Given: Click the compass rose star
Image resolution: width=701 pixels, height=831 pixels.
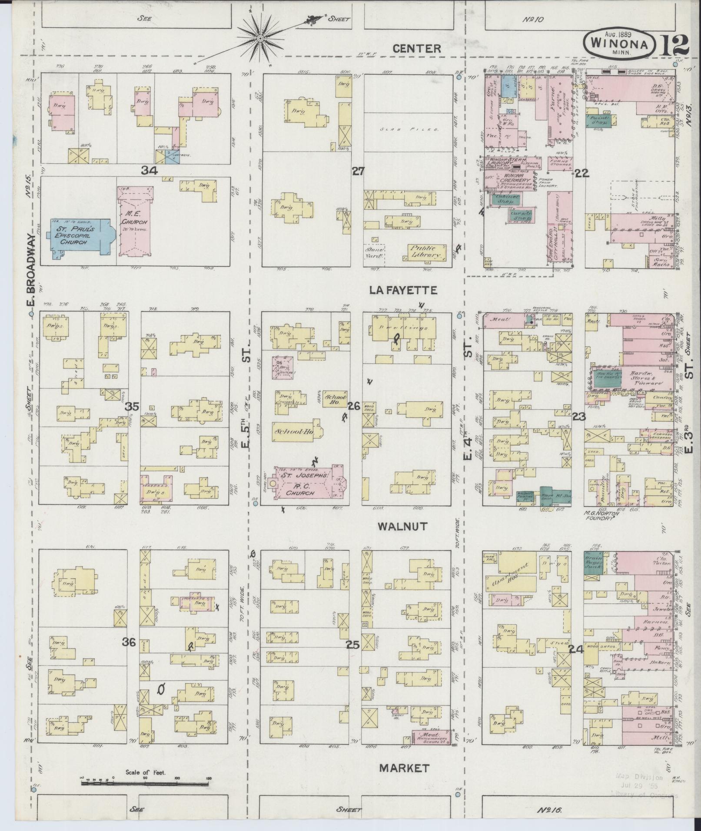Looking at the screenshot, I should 261,39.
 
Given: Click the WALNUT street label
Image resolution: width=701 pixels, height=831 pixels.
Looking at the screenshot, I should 402,526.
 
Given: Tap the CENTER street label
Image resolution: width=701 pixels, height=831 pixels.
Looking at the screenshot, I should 416,48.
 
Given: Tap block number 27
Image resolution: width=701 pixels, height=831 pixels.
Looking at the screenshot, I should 358,171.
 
